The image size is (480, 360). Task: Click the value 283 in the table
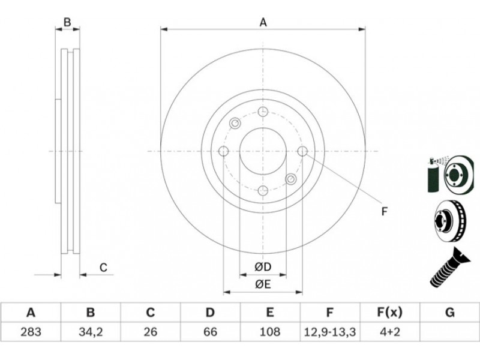pos(31,332)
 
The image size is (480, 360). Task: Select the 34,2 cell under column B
pos(91,332)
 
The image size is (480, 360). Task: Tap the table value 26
pos(150,332)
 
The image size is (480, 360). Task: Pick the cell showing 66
pos(210,332)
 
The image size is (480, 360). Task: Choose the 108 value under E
pos(269,332)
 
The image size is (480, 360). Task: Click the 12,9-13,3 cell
pos(329,332)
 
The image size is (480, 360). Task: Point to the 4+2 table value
pos(389,332)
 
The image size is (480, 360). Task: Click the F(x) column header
pos(389,313)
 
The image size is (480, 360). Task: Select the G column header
pos(449,313)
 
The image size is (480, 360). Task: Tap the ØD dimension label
pos(263,267)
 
